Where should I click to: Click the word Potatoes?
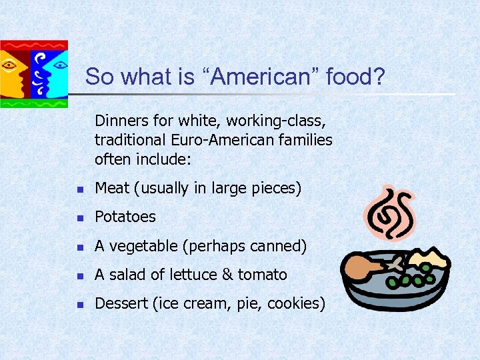click(x=125, y=217)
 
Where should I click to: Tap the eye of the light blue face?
click(x=59, y=65)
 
